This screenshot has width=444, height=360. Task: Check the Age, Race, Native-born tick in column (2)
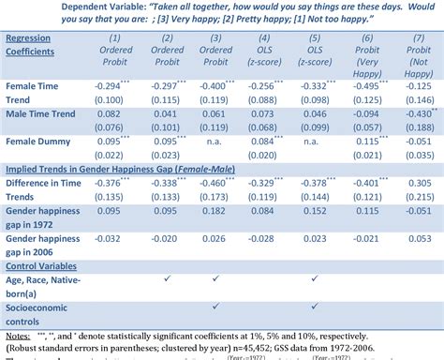[165, 277]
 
